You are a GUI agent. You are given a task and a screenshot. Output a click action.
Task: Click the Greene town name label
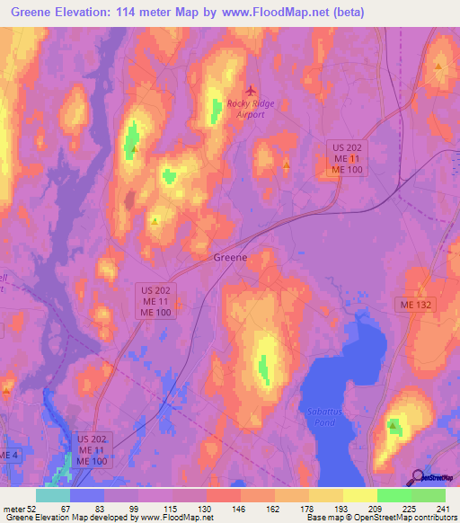229,257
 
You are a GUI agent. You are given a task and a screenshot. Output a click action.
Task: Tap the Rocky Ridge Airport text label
252,109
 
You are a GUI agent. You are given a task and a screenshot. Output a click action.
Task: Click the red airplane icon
251,90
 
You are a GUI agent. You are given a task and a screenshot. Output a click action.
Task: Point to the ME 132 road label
414,306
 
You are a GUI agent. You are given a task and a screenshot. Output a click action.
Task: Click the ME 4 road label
8,456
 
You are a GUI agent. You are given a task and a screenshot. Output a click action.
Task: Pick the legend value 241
443,508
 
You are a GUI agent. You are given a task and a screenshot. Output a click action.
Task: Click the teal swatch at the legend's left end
53,495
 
